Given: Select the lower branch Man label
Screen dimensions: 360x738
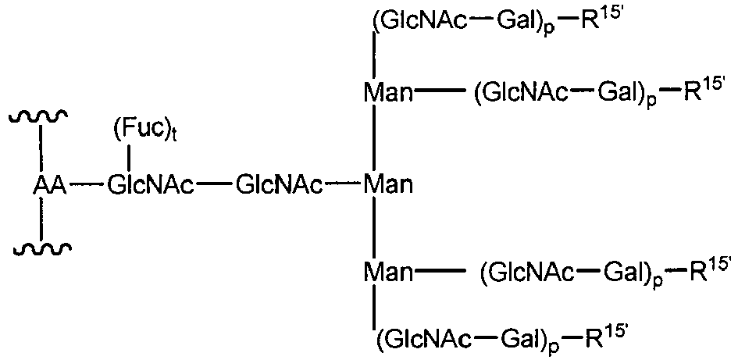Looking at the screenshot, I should tap(388, 273).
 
